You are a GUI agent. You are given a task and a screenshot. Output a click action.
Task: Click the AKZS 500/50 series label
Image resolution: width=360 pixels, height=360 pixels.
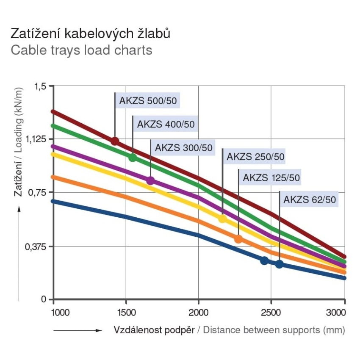click(x=148, y=101)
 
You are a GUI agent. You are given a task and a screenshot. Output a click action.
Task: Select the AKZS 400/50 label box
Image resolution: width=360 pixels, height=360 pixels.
click(x=166, y=125)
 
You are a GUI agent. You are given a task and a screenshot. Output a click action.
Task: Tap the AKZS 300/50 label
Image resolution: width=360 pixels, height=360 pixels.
click(x=183, y=148)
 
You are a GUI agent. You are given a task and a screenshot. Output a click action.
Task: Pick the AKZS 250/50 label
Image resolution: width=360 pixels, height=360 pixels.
click(x=255, y=157)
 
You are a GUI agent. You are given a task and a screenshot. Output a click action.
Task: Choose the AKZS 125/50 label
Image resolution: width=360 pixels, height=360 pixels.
click(x=271, y=178)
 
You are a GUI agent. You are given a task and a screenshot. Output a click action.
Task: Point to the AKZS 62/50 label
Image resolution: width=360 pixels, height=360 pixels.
click(x=312, y=199)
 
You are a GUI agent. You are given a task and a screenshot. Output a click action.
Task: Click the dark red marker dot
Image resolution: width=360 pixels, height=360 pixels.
click(x=115, y=141)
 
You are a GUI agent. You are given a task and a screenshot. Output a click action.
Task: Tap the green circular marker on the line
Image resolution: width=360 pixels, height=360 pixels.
click(x=133, y=158)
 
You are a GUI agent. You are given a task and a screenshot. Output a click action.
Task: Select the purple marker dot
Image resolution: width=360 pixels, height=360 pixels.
click(x=150, y=181)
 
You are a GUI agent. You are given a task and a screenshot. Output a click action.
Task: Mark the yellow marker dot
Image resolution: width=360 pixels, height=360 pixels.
click(x=222, y=219)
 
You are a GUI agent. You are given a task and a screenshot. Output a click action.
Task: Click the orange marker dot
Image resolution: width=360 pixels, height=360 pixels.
click(x=238, y=239)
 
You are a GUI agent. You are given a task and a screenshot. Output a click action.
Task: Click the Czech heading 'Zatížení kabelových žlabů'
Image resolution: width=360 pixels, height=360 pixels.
click(x=91, y=33)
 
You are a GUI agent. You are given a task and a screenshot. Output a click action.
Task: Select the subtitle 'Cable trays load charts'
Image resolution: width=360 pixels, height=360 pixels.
click(x=81, y=50)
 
